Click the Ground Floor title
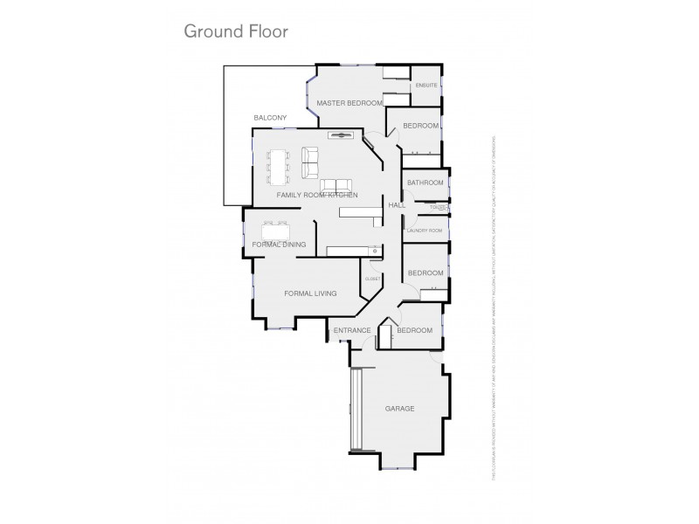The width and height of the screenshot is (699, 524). [x=235, y=31]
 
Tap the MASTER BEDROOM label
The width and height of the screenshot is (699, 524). [x=349, y=103]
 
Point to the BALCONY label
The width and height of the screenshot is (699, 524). [x=270, y=118]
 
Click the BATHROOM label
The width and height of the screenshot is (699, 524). [x=426, y=183]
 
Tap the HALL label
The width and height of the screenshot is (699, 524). [x=396, y=204]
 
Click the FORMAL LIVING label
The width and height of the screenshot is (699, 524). [x=310, y=293]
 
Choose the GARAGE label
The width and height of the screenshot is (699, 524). [x=399, y=409]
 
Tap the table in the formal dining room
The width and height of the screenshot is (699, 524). [x=275, y=230]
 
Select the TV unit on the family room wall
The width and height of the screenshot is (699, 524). [x=339, y=134]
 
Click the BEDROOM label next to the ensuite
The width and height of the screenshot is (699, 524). [x=420, y=126]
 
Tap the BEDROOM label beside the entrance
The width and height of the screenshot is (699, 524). [x=414, y=330]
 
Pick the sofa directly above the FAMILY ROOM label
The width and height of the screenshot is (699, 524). [x=336, y=185]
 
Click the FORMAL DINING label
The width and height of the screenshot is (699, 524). [x=279, y=245]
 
